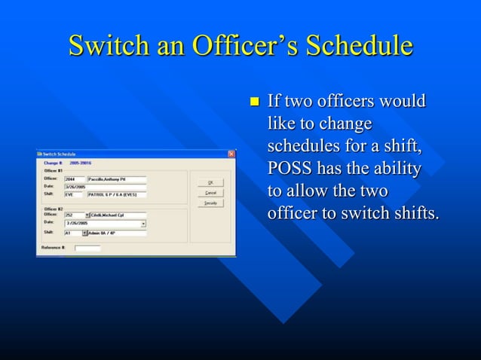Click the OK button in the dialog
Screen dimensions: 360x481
click(210, 182)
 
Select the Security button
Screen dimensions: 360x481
click(210, 202)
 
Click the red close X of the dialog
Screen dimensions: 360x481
click(231, 154)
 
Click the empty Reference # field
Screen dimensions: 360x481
click(87, 247)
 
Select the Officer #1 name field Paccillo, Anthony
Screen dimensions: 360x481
click(116, 179)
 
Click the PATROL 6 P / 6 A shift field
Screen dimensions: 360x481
click(116, 194)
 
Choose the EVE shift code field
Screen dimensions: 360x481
click(73, 194)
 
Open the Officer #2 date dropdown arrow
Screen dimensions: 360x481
click(143, 224)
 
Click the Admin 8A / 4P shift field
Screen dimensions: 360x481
click(118, 233)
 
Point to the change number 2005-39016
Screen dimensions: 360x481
click(80, 162)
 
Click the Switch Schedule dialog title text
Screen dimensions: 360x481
click(60, 154)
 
